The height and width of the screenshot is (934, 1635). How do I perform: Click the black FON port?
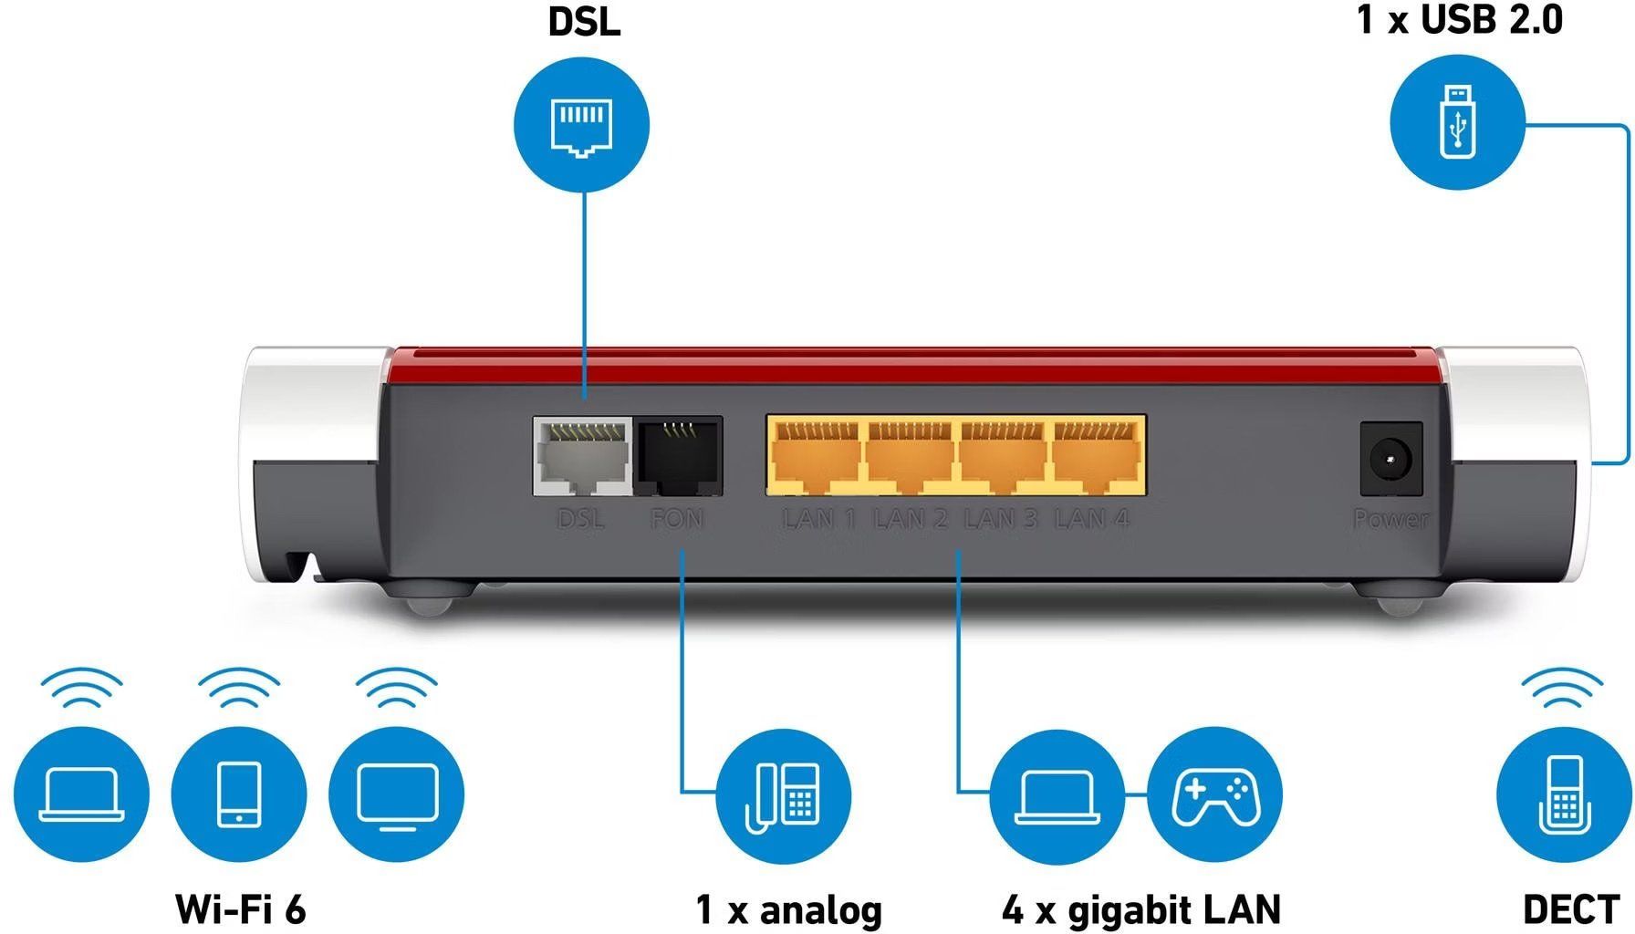(679, 456)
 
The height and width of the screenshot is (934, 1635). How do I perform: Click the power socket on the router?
(1391, 459)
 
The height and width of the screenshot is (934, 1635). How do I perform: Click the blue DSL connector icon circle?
(582, 124)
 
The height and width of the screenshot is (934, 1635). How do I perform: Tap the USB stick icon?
(1457, 121)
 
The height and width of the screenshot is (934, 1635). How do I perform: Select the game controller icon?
(1214, 794)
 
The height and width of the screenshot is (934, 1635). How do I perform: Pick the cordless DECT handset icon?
(1564, 794)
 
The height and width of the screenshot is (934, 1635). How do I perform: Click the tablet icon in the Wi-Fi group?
(239, 794)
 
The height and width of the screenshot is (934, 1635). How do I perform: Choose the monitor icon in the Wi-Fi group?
(397, 794)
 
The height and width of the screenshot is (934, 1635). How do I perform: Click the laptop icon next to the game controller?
(1057, 794)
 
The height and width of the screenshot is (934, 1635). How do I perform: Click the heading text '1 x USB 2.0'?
(1460, 20)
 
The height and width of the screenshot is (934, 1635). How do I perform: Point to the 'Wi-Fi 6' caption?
(241, 909)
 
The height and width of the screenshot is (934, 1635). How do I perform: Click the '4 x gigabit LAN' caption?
(1141, 909)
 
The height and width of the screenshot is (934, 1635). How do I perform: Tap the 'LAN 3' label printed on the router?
(1001, 519)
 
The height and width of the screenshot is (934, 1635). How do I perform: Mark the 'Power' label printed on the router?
(1390, 519)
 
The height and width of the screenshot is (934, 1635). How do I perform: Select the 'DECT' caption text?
(1570, 909)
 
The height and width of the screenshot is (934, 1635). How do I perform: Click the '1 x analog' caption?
(789, 909)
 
